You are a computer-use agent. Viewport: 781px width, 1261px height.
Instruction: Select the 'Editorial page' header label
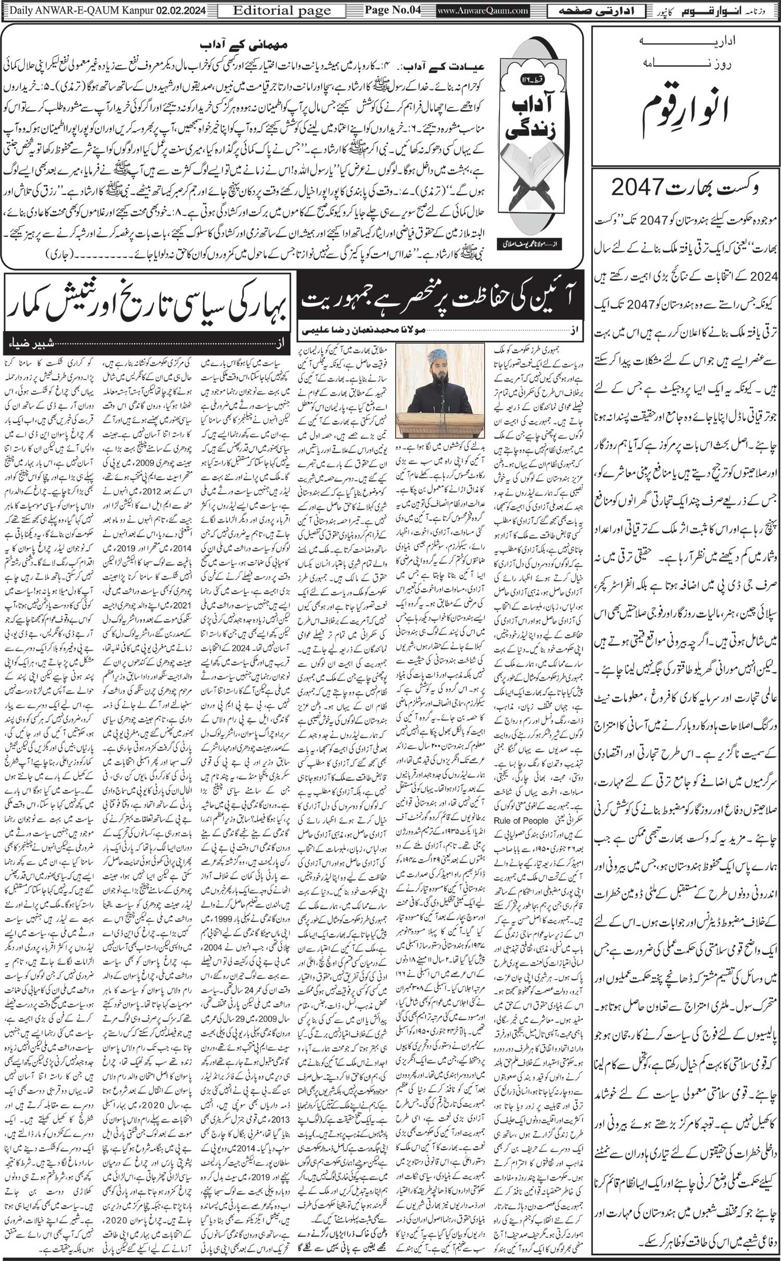point(282,10)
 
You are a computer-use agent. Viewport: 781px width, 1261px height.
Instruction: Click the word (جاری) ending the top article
point(60,255)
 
